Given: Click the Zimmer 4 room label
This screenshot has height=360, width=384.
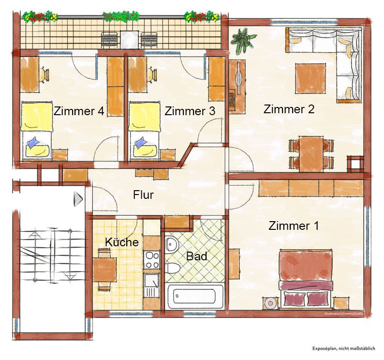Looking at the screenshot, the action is click(79, 111).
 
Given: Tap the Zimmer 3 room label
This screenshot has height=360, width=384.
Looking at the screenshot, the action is click(190, 111).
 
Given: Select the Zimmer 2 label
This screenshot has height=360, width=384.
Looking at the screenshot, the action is click(289, 109).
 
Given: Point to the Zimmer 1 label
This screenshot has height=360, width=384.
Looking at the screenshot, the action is click(294, 225).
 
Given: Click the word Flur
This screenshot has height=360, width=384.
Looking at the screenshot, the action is click(143, 195).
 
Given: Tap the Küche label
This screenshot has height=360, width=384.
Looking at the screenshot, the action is click(122, 242).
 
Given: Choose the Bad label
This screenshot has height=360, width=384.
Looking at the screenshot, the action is click(196, 256).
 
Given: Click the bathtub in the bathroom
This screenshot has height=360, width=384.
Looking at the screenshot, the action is click(194, 296).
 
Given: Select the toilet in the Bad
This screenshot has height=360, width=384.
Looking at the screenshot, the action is click(172, 268).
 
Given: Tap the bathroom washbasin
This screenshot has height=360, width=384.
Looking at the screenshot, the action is click(172, 244).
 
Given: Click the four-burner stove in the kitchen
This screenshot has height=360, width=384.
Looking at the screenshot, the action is click(152, 259).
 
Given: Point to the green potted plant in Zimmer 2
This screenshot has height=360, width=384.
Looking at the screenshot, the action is click(243, 40).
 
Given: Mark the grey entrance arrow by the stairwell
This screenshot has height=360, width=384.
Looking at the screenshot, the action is click(78, 199).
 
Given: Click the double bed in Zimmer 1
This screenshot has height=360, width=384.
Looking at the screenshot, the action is click(306, 278).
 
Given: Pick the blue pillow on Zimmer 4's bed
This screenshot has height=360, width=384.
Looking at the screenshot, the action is click(33, 142).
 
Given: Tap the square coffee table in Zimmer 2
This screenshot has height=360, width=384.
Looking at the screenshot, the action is click(310, 78).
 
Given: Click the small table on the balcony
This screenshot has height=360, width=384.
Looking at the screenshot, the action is click(130, 40).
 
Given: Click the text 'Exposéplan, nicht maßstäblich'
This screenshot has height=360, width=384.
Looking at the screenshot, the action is click(343, 348).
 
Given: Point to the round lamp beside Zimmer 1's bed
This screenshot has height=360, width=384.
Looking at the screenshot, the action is click(270, 303).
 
